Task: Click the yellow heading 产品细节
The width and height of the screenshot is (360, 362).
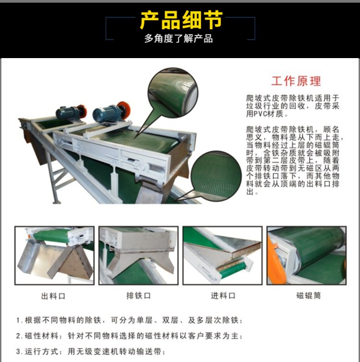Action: [181, 20]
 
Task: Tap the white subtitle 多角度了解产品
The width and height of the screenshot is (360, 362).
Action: [179, 38]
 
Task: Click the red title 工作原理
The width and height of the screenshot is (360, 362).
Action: [296, 81]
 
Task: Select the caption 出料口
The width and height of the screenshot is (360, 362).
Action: [53, 296]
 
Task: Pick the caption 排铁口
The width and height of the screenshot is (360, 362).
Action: [138, 296]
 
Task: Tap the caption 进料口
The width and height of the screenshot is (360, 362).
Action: [223, 296]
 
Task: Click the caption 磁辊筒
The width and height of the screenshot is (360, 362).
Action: [309, 296]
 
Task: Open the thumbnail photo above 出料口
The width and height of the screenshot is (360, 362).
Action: [54, 255]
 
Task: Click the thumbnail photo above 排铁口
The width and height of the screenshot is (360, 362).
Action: [138, 255]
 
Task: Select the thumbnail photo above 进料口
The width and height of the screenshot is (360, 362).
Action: [223, 255]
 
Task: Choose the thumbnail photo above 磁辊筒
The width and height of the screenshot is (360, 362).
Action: [307, 255]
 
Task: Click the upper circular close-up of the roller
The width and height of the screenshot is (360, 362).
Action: [173, 93]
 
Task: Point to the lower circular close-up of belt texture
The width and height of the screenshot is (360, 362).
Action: [216, 176]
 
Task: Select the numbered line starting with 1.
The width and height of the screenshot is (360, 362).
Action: [129, 320]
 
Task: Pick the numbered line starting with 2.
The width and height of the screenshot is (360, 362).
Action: [129, 336]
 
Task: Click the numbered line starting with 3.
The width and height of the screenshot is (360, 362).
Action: [91, 351]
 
